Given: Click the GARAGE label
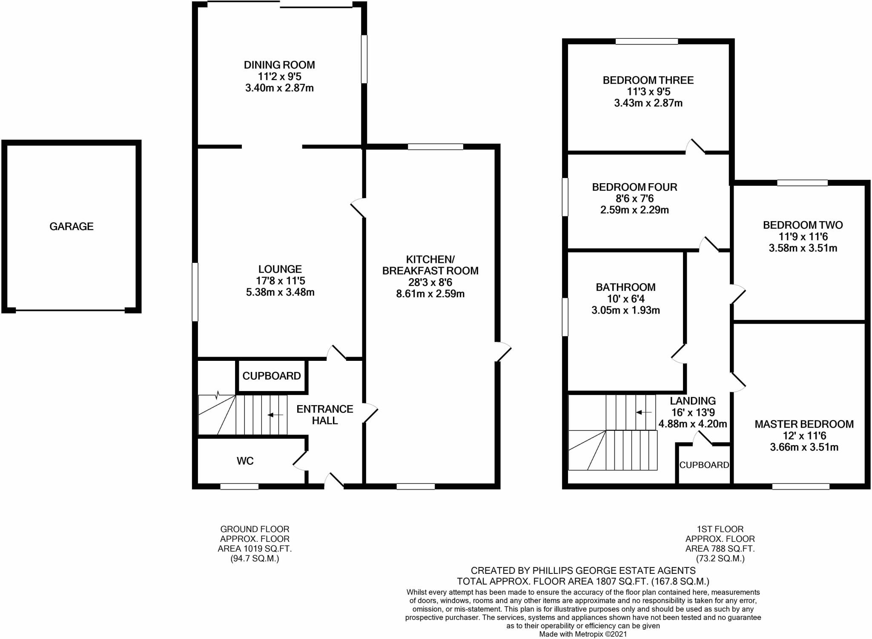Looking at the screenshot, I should [x=72, y=226].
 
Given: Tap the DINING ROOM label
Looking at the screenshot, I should [x=279, y=65].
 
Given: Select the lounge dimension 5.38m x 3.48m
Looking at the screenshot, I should [x=280, y=292].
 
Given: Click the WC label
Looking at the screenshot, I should [x=245, y=461].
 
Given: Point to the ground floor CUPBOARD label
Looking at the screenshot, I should [x=272, y=376].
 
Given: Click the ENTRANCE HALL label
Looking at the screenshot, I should [x=325, y=414].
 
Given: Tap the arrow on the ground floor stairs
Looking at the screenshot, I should [x=275, y=414].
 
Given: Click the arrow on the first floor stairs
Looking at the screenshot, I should [x=643, y=412].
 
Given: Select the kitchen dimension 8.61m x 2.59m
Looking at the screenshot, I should [x=430, y=294].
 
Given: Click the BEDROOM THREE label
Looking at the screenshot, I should [x=648, y=80].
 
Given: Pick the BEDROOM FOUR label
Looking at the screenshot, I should [x=634, y=187].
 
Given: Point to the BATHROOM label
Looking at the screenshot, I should [x=625, y=287].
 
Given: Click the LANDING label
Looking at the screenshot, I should [x=693, y=401].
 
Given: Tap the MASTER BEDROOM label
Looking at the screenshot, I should [x=804, y=424].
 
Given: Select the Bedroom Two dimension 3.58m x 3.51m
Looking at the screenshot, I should [x=803, y=248].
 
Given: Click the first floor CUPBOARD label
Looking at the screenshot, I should [x=704, y=465].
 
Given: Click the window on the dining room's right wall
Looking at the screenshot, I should [x=364, y=59].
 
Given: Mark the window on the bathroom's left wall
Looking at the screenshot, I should [x=565, y=317].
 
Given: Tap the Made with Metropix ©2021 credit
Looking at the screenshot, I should [x=583, y=634].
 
